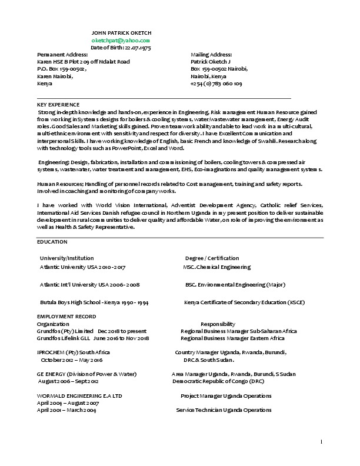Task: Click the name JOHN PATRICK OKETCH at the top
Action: click(x=122, y=32)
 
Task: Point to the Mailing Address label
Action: click(x=211, y=54)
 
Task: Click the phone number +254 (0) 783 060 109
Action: click(x=216, y=84)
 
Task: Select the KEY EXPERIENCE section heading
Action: click(x=58, y=104)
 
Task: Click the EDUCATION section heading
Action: click(x=52, y=242)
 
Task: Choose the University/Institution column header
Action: click(x=66, y=258)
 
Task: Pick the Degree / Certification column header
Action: click(x=212, y=258)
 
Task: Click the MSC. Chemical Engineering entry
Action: click(x=217, y=267)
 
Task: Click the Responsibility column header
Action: click(x=218, y=324)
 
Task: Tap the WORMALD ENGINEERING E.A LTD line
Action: click(x=79, y=396)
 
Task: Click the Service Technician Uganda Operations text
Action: click(x=224, y=410)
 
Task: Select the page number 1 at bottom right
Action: click(x=322, y=441)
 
